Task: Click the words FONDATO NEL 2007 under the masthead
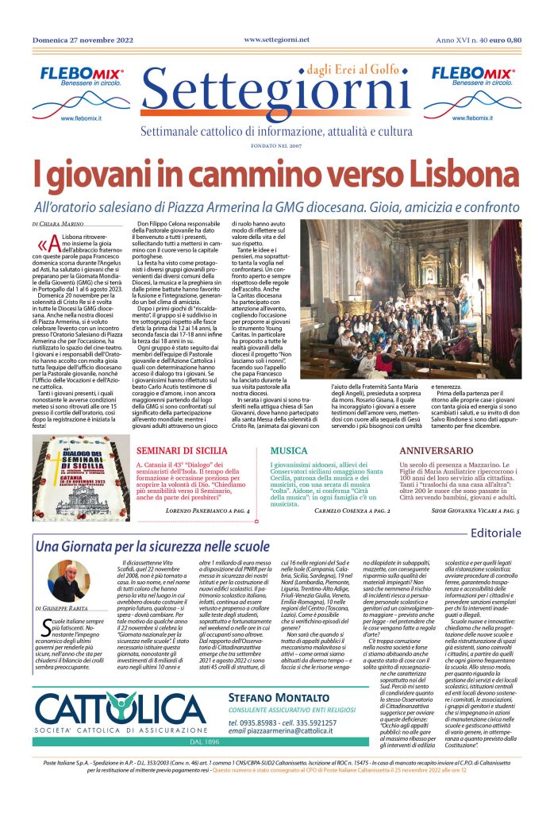pyautogui.click(x=276, y=145)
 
